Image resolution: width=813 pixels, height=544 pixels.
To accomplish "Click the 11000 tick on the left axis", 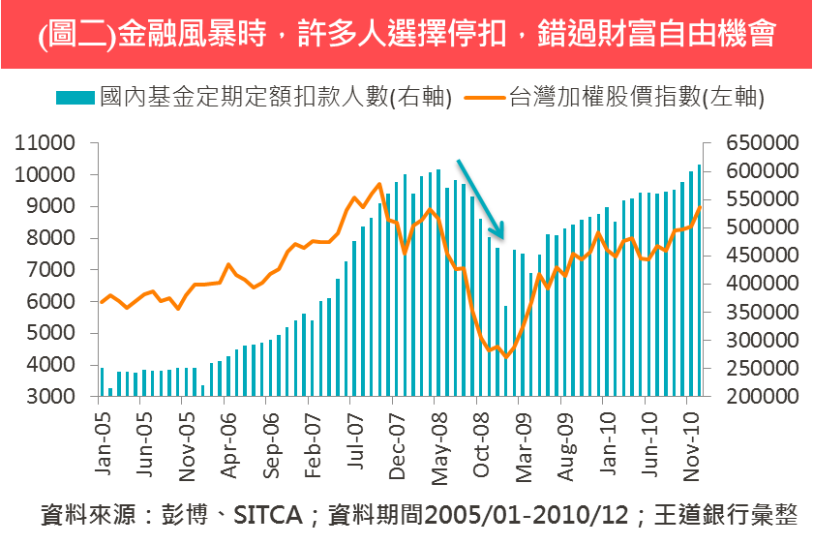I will click(45, 143).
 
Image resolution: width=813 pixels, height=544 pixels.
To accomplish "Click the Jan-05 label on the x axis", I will click(104, 440).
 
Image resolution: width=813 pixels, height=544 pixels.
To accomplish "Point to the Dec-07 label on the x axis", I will click(397, 440).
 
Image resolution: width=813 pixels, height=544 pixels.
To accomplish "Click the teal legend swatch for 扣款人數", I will click(75, 98).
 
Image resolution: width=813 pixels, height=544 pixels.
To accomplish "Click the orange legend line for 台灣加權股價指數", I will click(484, 98).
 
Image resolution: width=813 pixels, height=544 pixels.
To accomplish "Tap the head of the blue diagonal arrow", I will click(502, 235).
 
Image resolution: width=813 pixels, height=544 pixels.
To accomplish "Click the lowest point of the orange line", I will click(505, 357).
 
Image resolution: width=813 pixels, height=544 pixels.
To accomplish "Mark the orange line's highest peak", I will click(378, 183).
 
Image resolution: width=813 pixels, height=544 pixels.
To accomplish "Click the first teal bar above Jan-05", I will click(102, 382).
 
